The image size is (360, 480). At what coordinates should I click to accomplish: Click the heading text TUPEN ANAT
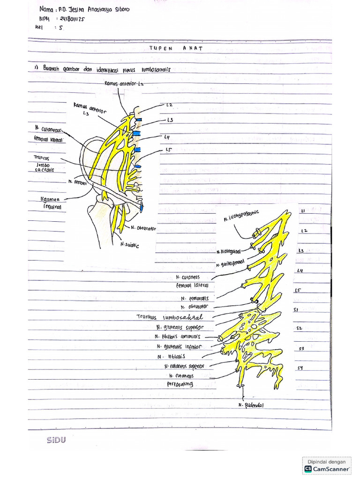176,48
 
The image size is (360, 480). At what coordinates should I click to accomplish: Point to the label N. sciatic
130,244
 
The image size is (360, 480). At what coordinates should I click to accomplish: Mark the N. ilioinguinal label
231,252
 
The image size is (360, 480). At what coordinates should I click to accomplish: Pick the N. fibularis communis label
179,337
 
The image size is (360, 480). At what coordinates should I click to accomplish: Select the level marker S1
296,310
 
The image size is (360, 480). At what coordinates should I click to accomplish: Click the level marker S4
300,368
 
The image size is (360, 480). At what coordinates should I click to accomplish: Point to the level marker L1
302,211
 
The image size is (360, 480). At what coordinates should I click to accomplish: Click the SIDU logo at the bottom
56,440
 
